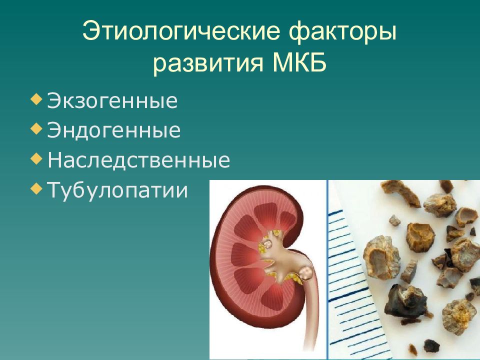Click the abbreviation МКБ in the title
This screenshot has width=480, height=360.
click(298, 64)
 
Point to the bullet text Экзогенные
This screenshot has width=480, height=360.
click(112, 101)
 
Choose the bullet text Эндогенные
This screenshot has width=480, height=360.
click(114, 130)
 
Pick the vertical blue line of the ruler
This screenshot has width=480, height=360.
click(327, 270)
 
